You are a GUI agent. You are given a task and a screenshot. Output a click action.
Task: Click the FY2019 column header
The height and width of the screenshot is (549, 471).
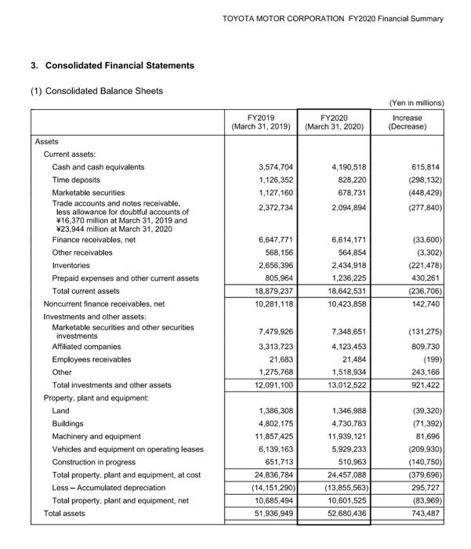coord(261,122)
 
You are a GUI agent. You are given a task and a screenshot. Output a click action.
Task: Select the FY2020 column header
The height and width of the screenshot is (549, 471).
coord(335,122)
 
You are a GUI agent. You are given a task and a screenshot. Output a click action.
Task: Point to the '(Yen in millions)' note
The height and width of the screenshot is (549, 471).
coord(416,103)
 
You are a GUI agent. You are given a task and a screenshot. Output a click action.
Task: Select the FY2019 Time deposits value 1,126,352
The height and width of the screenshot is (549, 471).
coord(275,180)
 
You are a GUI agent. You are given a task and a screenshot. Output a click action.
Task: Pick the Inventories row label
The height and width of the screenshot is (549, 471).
coord(71,265)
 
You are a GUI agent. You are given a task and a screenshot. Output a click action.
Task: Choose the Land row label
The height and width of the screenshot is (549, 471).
coord(60,410)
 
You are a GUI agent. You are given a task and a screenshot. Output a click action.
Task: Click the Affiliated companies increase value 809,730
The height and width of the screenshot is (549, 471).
coord(422,346)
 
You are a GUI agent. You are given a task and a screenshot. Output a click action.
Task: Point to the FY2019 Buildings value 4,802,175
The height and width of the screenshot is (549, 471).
coord(275,424)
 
